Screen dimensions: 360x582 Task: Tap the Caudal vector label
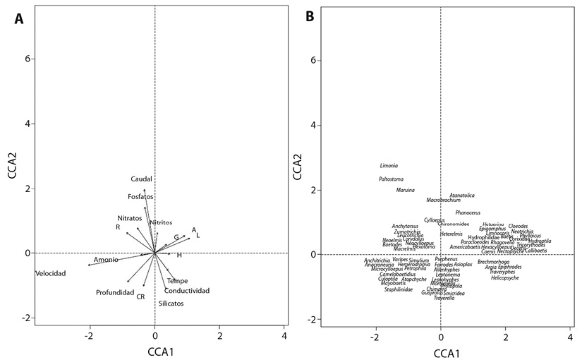141,179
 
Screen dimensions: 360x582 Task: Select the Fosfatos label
140,197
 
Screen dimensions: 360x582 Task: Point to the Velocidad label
50,274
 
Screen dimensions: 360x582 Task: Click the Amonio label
106,260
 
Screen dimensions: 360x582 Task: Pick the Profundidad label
115,292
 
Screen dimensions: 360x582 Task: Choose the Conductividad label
187,291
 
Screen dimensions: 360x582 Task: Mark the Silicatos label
171,304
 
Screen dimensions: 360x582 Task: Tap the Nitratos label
130,218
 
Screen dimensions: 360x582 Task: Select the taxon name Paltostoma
392,179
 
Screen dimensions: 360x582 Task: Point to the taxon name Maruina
405,191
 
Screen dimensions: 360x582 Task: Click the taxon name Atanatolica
462,196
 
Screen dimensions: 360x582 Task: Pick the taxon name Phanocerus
468,212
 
